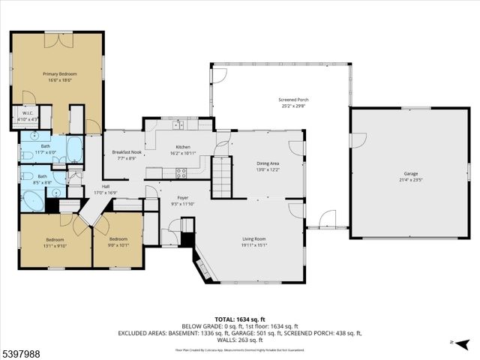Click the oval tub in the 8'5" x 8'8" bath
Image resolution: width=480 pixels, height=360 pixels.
pyautogui.click(x=33, y=200)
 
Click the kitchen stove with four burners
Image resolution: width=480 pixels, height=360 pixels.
pyautogui.click(x=181, y=172)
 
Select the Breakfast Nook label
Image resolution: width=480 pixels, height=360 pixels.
pyautogui.click(x=126, y=152)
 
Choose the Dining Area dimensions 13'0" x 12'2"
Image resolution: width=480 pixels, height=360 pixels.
pyautogui.click(x=268, y=169)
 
